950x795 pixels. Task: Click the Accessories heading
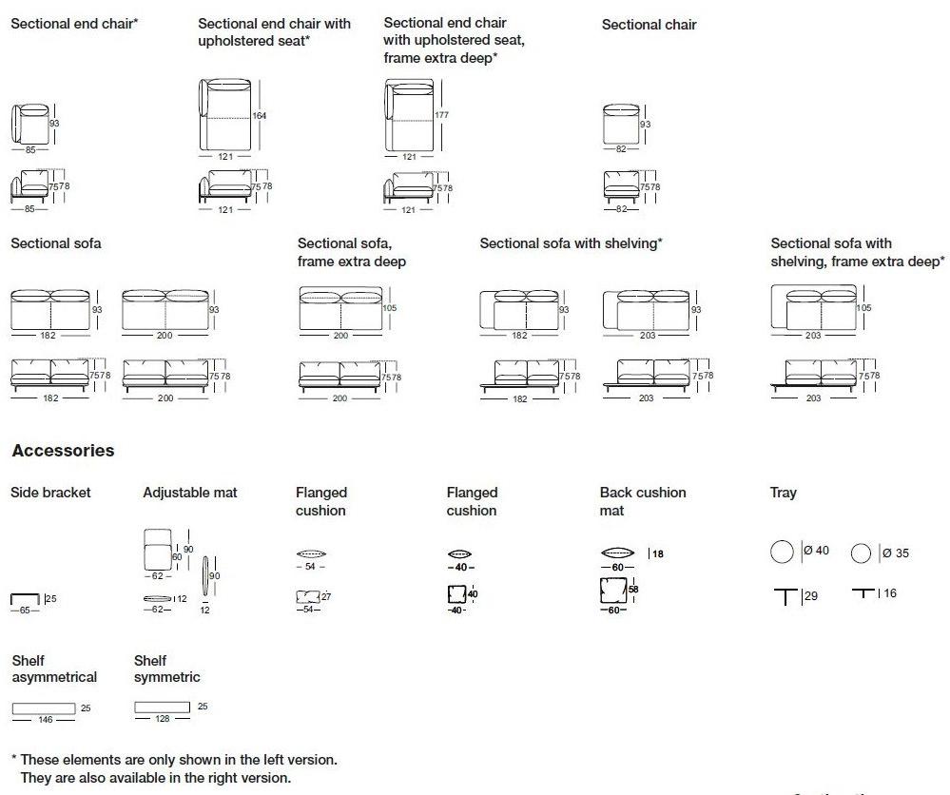tap(63, 451)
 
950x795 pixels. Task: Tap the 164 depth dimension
tap(260, 116)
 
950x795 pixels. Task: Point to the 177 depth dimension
tap(440, 115)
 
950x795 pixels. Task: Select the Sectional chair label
tap(649, 25)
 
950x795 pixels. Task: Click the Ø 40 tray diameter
tap(816, 551)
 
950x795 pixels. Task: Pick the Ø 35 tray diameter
tap(895, 553)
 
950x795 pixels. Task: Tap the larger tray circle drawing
tap(782, 552)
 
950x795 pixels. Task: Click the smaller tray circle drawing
tap(862, 553)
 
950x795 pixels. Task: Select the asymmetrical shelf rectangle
tap(44, 708)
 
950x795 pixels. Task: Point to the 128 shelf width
tap(163, 720)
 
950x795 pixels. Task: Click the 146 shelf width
tap(45, 721)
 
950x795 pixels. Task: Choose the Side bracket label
tap(50, 493)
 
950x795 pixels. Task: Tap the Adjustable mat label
tap(190, 493)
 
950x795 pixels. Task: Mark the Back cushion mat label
tap(643, 501)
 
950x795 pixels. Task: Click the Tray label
tap(784, 493)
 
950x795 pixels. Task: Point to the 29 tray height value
tap(811, 596)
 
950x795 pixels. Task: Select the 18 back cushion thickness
tap(657, 553)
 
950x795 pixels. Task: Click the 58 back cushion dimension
tap(633, 590)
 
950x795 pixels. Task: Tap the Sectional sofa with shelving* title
tap(571, 243)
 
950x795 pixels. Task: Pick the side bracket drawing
tap(25, 599)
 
